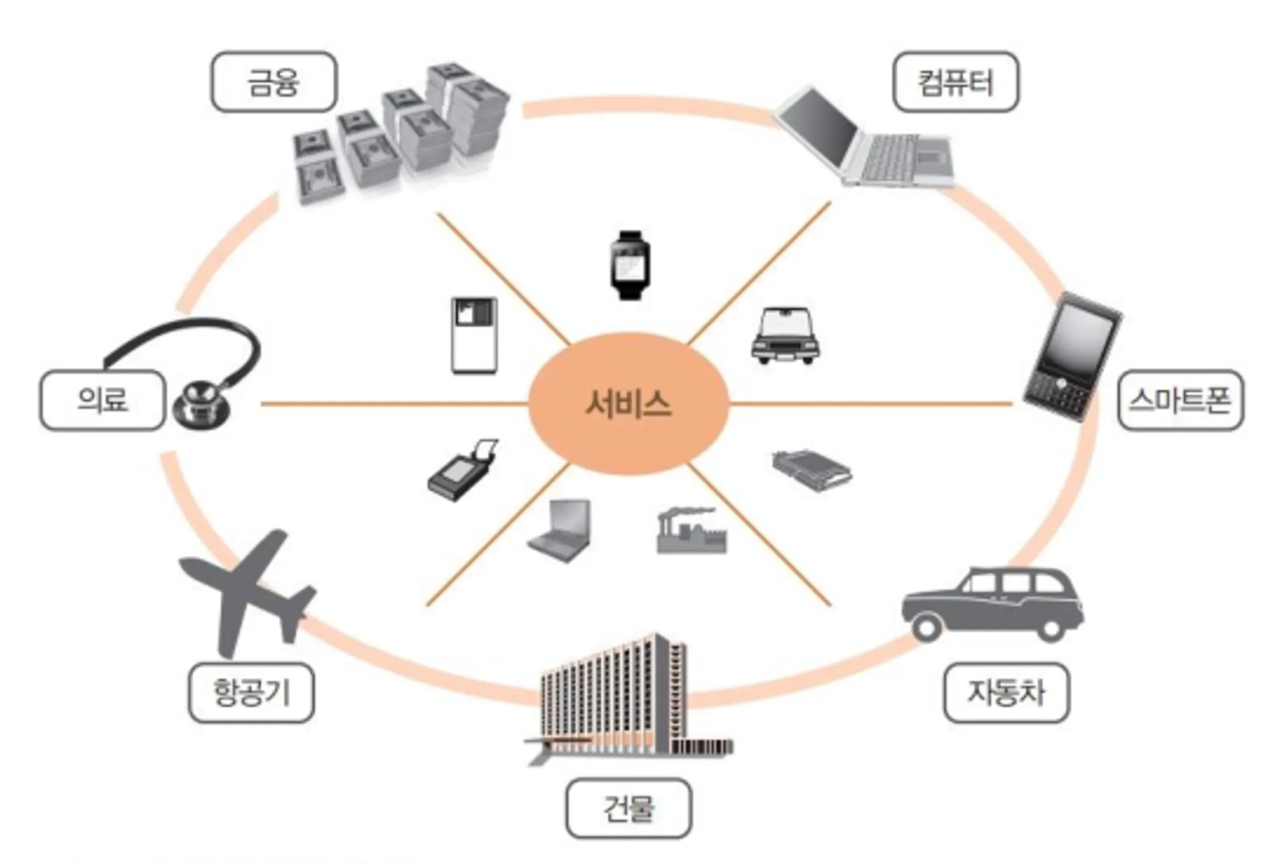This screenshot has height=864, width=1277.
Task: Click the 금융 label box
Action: [x=273, y=82]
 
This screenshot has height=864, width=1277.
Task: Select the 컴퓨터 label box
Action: [x=955, y=82]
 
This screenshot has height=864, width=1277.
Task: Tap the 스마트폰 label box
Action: [x=1180, y=400]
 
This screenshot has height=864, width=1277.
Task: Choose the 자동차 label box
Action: [x=1006, y=693]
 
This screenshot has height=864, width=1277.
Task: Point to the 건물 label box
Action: [x=628, y=808]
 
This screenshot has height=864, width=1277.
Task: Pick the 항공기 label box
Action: [x=251, y=693]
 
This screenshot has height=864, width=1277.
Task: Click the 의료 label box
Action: [x=102, y=400]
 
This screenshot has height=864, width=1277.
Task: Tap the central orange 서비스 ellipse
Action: [x=628, y=404]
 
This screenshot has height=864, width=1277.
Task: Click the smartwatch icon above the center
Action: [x=630, y=264]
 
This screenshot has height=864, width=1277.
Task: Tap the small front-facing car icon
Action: [x=785, y=337]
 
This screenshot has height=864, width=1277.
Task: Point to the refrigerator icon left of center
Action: [x=474, y=335]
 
